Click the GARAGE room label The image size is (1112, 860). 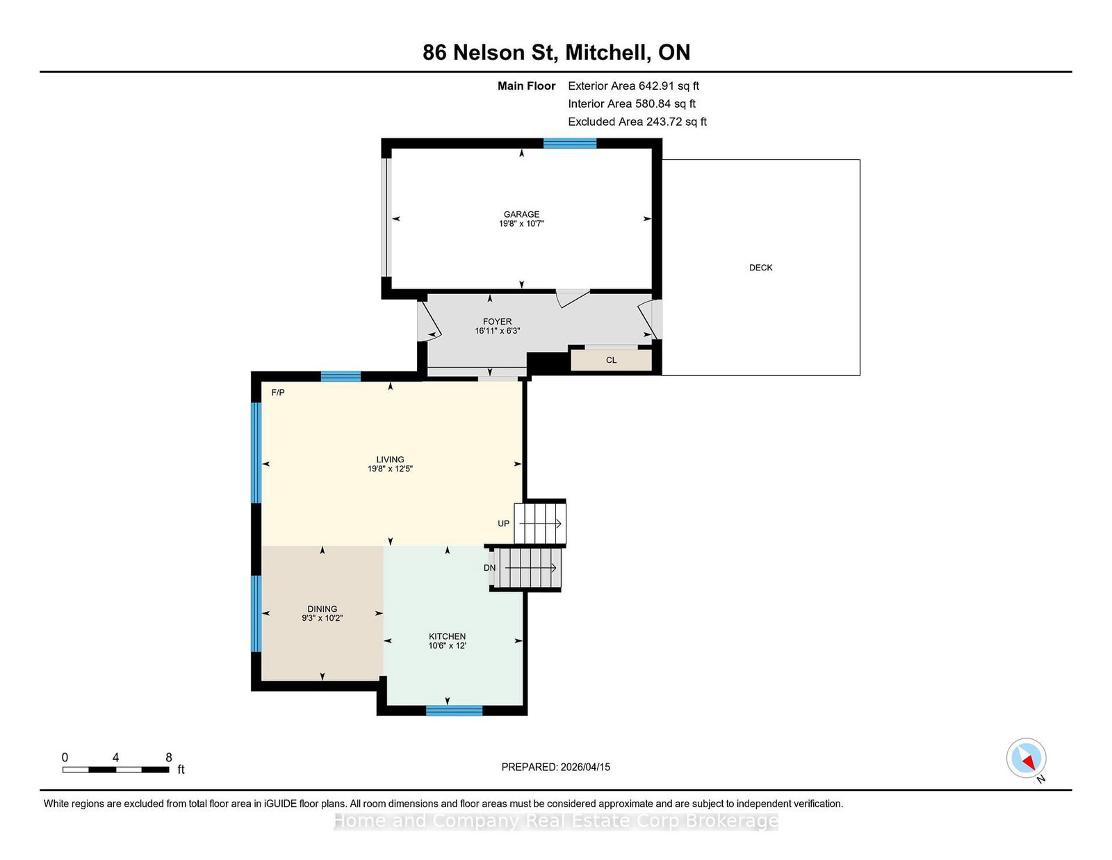tap(521, 214)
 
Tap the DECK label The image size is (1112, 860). tap(760, 267)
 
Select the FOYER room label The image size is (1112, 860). tap(497, 321)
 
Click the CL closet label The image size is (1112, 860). tap(611, 360)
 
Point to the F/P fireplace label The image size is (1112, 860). tap(278, 393)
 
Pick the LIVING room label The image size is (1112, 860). tap(390, 459)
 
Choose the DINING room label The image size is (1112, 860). tap(322, 608)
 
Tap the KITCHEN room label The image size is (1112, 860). tap(447, 636)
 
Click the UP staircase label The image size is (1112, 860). tap(504, 524)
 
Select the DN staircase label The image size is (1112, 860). tap(490, 568)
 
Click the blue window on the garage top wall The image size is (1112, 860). tap(570, 143)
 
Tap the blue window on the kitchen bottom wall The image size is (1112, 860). tap(454, 711)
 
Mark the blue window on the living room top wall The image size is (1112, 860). tap(341, 377)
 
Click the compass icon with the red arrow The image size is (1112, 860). tap(1026, 758)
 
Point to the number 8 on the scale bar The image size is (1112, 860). tap(169, 757)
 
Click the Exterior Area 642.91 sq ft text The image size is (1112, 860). tap(634, 86)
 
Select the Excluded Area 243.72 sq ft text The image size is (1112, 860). tap(637, 122)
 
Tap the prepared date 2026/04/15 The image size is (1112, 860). tap(585, 767)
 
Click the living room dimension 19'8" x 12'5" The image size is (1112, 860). tap(390, 469)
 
